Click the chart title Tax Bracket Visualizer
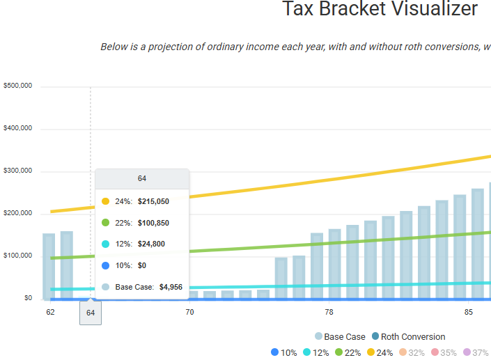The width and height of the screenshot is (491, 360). tap(380, 10)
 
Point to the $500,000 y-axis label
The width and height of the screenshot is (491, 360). tap(19, 86)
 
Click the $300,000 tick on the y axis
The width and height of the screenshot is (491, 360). tap(19, 171)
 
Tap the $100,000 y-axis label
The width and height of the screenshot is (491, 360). tap(19, 256)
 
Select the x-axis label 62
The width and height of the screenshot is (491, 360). tap(50, 313)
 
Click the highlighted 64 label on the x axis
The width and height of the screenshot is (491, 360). tap(91, 313)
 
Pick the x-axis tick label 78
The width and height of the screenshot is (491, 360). tap(329, 313)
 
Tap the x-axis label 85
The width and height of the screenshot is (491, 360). tap(468, 313)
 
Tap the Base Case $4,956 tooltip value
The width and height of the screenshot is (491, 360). tap(171, 287)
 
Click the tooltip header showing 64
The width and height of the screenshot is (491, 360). tap(142, 179)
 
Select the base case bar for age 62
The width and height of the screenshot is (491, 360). tap(49, 266)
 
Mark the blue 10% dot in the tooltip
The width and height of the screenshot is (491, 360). tap(105, 265)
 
